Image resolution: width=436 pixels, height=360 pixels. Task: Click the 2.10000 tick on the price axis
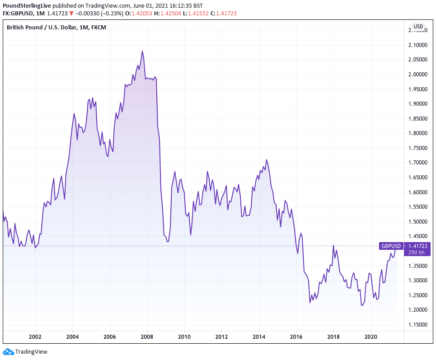click(418, 45)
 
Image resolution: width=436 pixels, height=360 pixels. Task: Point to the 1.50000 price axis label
click(418, 222)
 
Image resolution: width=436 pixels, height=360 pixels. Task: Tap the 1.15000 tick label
click(418, 325)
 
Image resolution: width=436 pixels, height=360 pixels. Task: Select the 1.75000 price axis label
click(418, 148)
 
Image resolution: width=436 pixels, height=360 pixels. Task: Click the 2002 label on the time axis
click(35, 337)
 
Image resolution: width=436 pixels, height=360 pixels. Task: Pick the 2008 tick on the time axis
click(147, 337)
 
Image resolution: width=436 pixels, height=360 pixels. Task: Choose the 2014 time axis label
click(259, 337)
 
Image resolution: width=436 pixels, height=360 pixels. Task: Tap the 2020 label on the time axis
click(370, 337)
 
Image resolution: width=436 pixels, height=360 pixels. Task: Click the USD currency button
click(418, 27)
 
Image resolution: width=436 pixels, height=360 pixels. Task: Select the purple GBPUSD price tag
click(391, 246)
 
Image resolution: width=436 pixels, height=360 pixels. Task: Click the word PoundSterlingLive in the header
click(27, 5)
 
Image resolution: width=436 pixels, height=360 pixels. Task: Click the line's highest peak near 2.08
click(142, 51)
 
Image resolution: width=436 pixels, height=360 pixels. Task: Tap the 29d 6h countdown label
click(417, 252)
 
